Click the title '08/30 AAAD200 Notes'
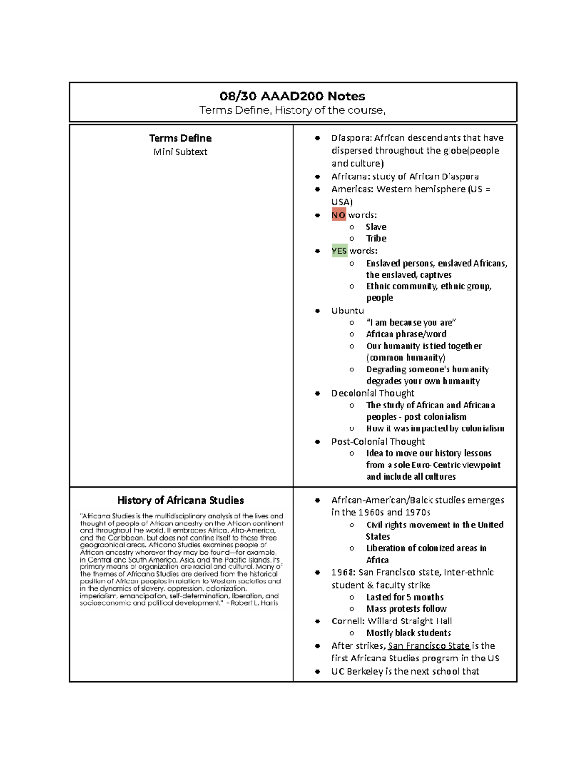292,96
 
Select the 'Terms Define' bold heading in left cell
180,138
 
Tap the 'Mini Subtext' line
180,152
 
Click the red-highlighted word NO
338,215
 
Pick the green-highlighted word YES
339,251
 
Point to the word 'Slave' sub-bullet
375,227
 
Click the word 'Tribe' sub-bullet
376,238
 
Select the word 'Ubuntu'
348,311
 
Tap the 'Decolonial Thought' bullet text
372,393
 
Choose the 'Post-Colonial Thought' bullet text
378,441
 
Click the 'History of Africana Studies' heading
180,500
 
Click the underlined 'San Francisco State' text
429,646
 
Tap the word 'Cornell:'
348,621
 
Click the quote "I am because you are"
410,322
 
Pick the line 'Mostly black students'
408,633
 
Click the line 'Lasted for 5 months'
404,597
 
